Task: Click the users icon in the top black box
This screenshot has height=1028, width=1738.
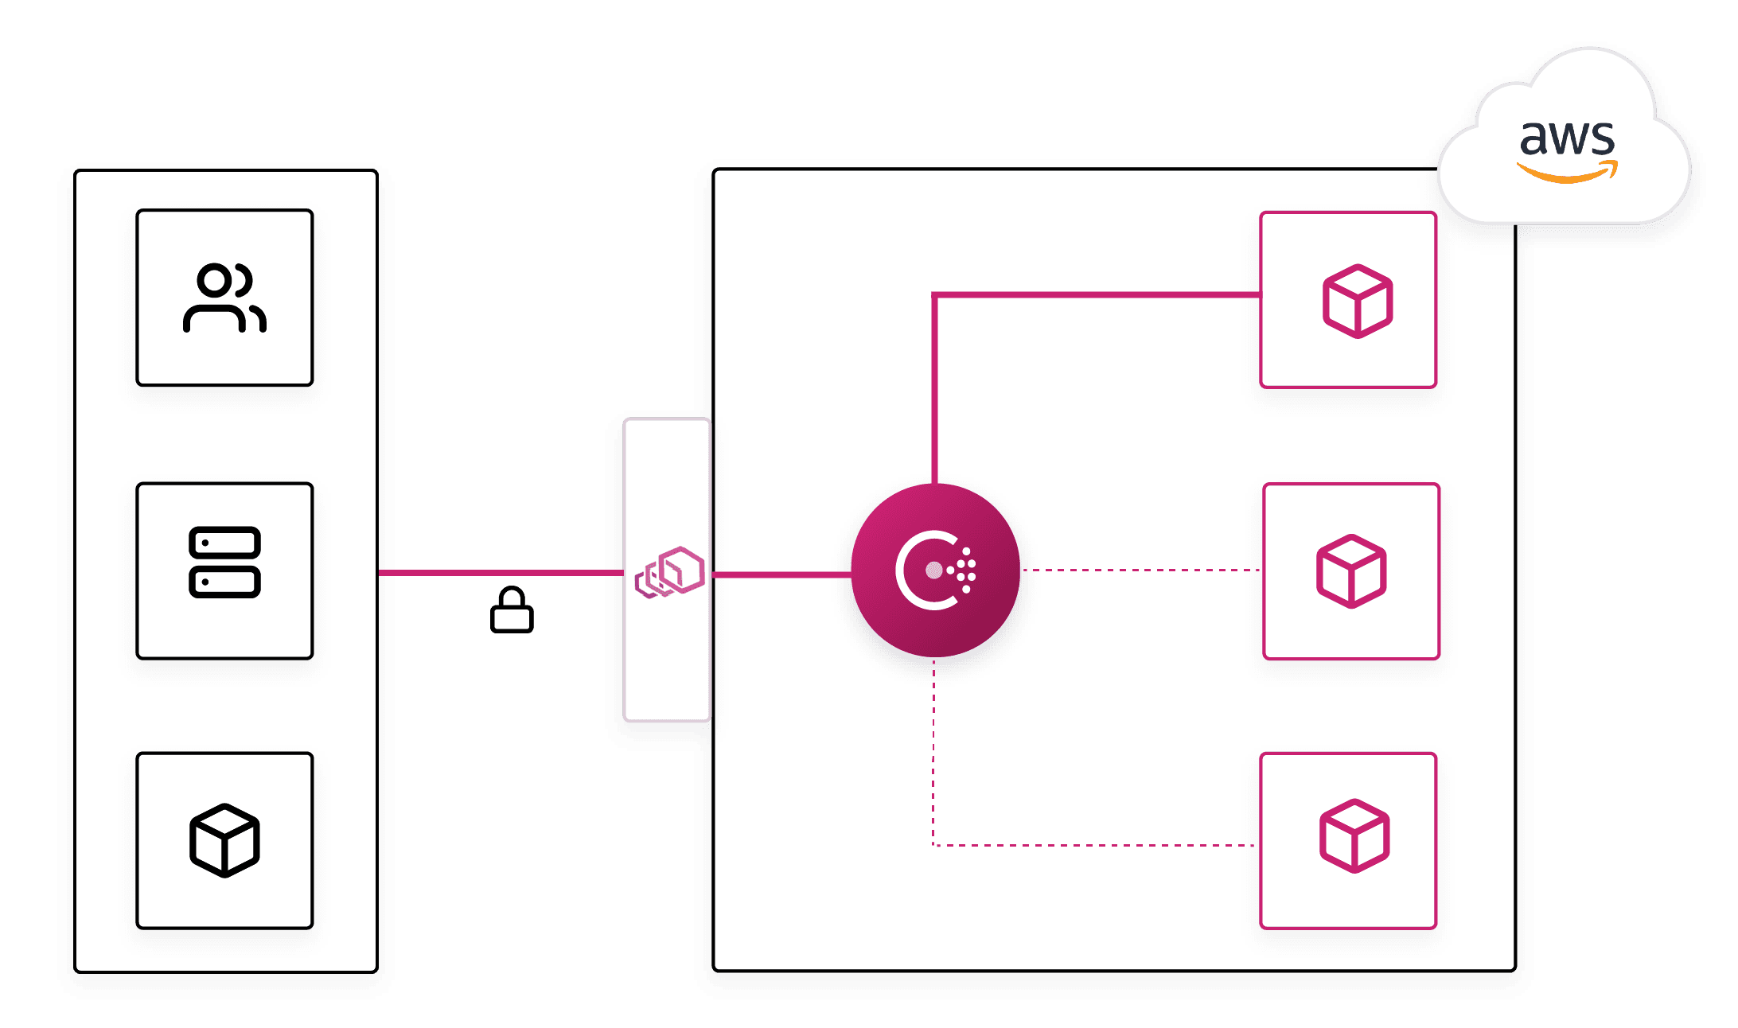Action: pos(224,297)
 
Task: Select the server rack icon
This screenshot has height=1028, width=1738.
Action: pos(224,562)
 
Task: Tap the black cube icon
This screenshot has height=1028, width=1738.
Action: pos(224,840)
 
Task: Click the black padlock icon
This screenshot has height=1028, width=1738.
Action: pos(512,611)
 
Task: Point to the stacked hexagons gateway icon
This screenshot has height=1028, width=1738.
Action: pos(670,571)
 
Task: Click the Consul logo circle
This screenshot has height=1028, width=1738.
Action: pos(935,570)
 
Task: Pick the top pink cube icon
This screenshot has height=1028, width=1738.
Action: pos(1357,301)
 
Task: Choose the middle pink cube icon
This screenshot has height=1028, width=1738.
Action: pos(1351,571)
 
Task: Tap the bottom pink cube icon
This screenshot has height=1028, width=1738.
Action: pos(1354,836)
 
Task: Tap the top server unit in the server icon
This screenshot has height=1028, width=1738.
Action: pos(224,543)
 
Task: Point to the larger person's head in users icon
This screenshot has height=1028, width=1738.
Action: pos(214,280)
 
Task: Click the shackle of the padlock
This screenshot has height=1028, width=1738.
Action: pos(512,598)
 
